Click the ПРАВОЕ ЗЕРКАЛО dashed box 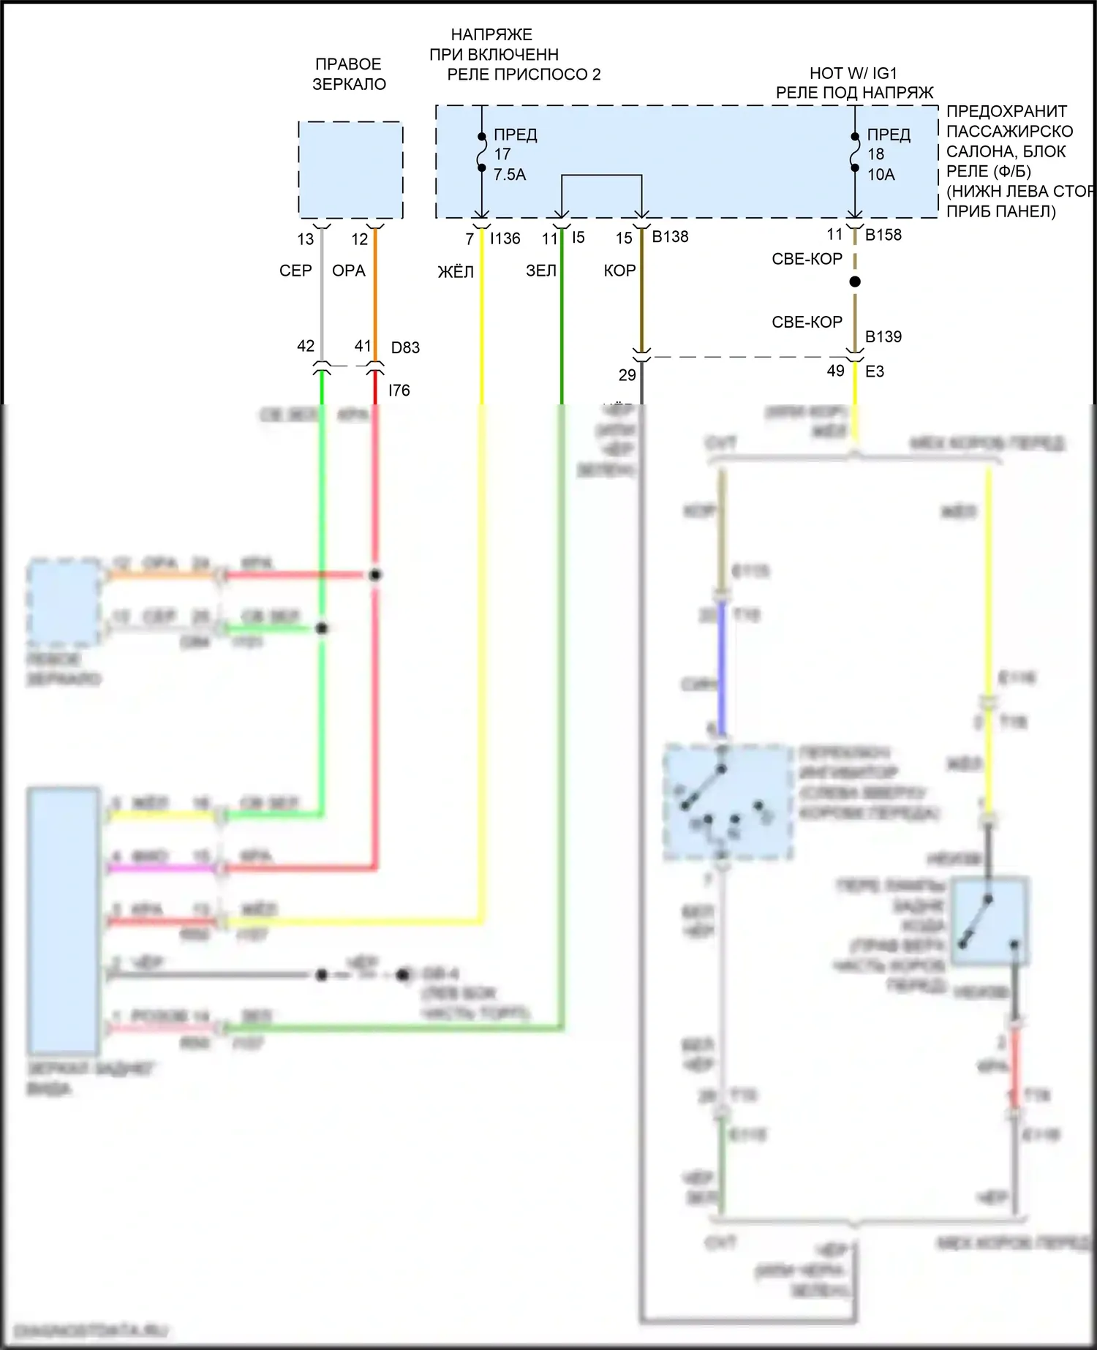[350, 170]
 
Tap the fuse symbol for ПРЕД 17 [481, 152]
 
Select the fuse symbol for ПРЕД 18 [854, 152]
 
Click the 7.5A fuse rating [510, 175]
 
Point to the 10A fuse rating [881, 175]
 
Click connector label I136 [505, 238]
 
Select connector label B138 [670, 237]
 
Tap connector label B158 [883, 235]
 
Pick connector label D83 [405, 348]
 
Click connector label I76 [399, 391]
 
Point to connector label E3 [874, 372]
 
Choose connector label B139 [883, 337]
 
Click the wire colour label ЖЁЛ [456, 273]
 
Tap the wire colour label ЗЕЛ [541, 271]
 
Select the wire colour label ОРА [348, 271]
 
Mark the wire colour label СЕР [295, 271]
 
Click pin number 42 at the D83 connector [306, 346]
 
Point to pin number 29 [627, 376]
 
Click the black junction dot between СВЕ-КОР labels [854, 282]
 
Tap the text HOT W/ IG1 [853, 73]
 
